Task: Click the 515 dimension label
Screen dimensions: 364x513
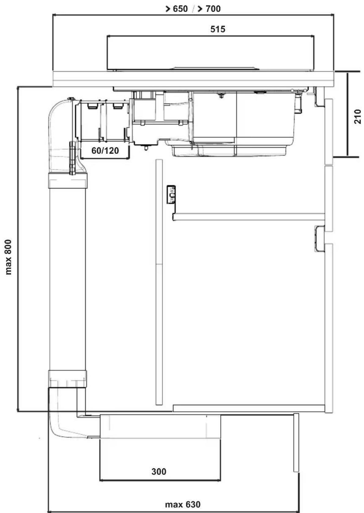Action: pos(217,29)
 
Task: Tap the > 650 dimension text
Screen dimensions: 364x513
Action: pos(176,9)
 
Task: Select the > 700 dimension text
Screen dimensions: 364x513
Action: pos(209,9)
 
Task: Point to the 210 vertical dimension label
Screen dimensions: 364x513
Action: pos(357,117)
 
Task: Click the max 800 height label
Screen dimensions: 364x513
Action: pos(8,257)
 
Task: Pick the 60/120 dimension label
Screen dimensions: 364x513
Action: pos(105,150)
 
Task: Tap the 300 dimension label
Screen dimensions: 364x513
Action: pos(159,471)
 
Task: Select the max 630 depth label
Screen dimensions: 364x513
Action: pos(183,504)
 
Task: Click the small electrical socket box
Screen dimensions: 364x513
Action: pos(171,194)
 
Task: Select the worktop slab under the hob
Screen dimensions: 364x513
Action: pos(193,79)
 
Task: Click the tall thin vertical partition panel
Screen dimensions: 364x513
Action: pos(159,282)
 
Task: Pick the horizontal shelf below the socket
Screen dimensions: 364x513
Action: pos(249,217)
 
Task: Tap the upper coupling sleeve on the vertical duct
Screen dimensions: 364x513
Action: pos(68,181)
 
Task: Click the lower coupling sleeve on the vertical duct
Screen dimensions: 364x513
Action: pos(67,379)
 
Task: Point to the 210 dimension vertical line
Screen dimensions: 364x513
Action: pos(347,114)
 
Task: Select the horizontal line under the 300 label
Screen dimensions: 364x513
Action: pos(160,480)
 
